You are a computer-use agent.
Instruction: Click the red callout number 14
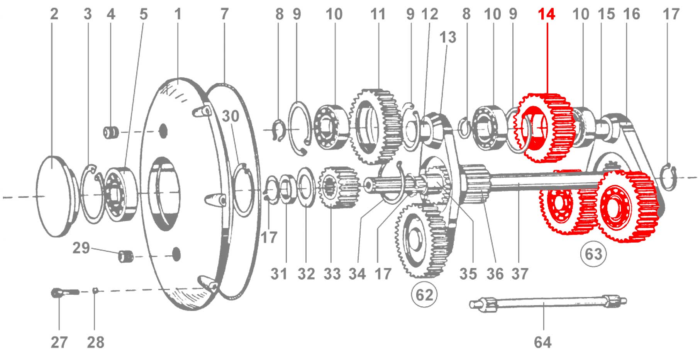pos(547,14)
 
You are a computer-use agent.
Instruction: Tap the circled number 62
pos(425,295)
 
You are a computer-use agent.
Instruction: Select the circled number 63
pos(593,254)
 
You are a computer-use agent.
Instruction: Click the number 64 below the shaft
pos(543,342)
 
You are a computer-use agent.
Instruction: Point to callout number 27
pos(59,342)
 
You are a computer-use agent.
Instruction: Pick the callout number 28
pos(95,342)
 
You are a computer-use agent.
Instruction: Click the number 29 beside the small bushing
pos(81,248)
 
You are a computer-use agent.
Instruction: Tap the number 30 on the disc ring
pos(231,116)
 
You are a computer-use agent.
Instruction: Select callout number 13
pos(448,37)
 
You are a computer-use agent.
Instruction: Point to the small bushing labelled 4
pos(110,132)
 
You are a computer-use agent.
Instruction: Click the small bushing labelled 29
pos(125,256)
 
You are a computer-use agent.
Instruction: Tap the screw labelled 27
pos(65,292)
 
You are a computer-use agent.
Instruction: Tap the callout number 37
pos(520,274)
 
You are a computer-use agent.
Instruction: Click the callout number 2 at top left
pos(54,14)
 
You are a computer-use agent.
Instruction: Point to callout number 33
pos(332,274)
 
